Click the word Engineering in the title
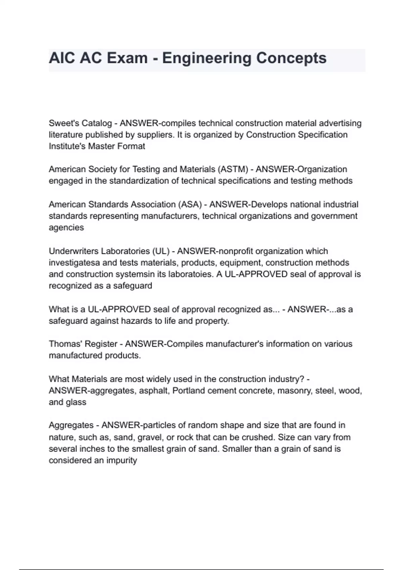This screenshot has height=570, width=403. [207, 58]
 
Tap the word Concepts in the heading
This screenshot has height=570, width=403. [291, 58]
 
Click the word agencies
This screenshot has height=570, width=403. [66, 228]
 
